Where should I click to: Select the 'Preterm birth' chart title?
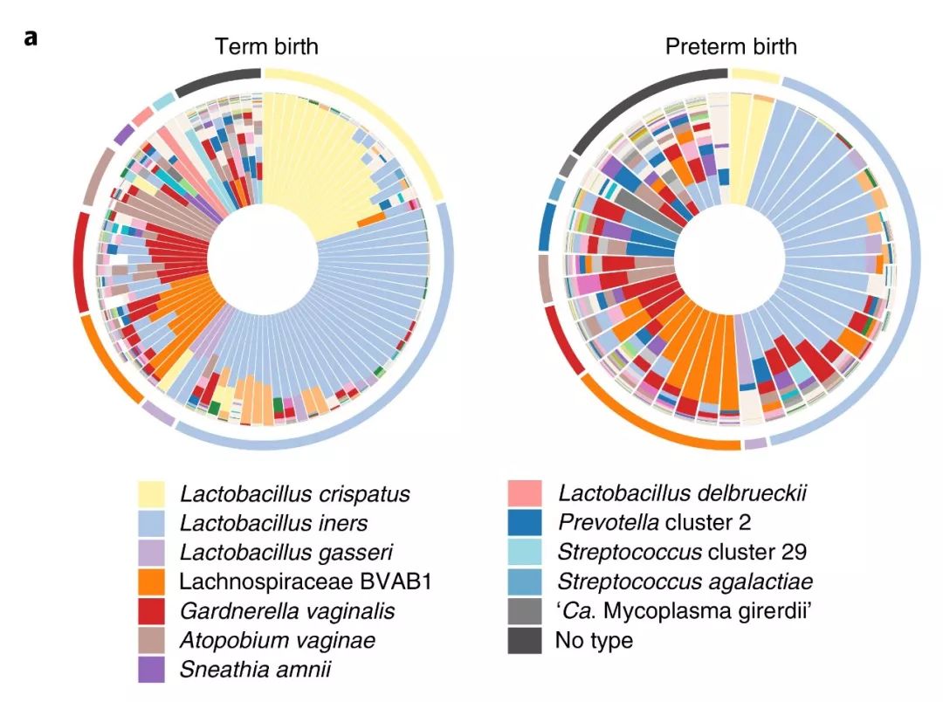click(731, 45)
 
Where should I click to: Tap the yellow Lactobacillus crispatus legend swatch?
click(155, 494)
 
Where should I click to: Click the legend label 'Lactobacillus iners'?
click(273, 524)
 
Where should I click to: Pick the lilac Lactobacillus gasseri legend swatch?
click(155, 553)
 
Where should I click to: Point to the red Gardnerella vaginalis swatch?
click(155, 611)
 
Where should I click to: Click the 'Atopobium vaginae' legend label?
click(278, 640)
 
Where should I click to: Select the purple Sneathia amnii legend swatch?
click(155, 670)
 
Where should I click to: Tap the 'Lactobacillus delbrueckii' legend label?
click(682, 494)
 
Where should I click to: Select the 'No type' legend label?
click(594, 641)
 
